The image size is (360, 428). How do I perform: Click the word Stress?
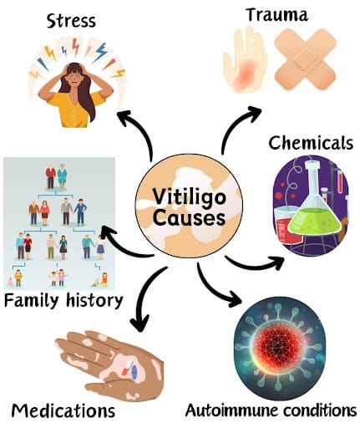click(71, 22)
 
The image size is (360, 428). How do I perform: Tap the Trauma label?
click(277, 15)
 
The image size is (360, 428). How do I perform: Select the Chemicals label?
click(311, 143)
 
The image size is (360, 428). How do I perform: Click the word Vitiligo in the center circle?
click(190, 196)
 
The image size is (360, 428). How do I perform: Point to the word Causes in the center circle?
click(190, 217)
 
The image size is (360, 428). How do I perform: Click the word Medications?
click(63, 410)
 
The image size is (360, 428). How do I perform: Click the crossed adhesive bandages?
click(306, 59)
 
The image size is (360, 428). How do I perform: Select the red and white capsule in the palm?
click(128, 367)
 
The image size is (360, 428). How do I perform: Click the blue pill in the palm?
click(134, 372)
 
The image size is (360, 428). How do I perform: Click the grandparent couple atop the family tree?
click(56, 176)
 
